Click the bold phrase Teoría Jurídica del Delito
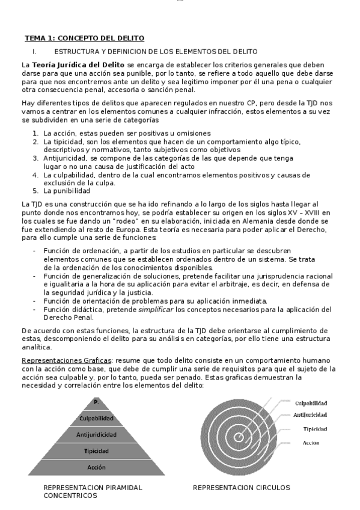coord(79,64)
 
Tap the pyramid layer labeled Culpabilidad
coord(96,419)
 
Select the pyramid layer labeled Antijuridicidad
coord(96,434)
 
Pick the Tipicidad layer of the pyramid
coord(96,450)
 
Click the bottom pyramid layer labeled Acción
coord(96,467)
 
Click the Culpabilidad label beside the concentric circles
coord(311,404)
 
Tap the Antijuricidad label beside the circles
coord(311,415)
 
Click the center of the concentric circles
coord(238,438)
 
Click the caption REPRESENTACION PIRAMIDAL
coord(93,488)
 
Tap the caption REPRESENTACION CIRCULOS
coord(241,488)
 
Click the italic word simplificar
coord(158,309)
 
